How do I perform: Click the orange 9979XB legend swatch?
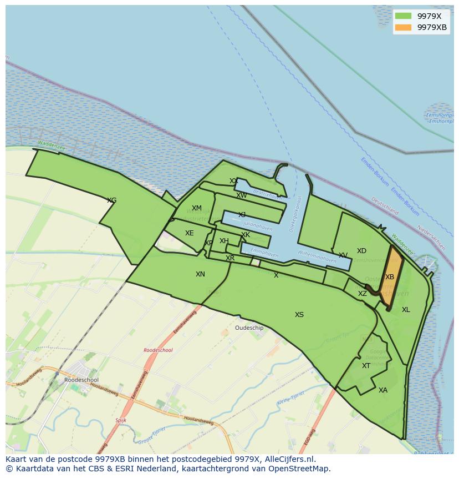[403, 27]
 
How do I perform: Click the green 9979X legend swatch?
[403, 16]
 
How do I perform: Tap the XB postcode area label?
[390, 277]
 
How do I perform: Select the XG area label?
[111, 200]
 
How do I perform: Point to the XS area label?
[299, 315]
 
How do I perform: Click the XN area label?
[200, 274]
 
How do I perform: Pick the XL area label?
[406, 310]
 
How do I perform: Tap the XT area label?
[366, 366]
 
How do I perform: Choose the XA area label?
[383, 390]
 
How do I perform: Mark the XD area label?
[361, 251]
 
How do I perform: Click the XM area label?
[197, 209]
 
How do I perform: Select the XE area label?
[190, 233]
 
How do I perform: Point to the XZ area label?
[362, 294]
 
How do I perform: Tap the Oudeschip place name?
[249, 328]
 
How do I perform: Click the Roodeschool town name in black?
[81, 380]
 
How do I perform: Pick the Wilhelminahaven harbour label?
[317, 256]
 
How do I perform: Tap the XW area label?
[242, 195]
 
